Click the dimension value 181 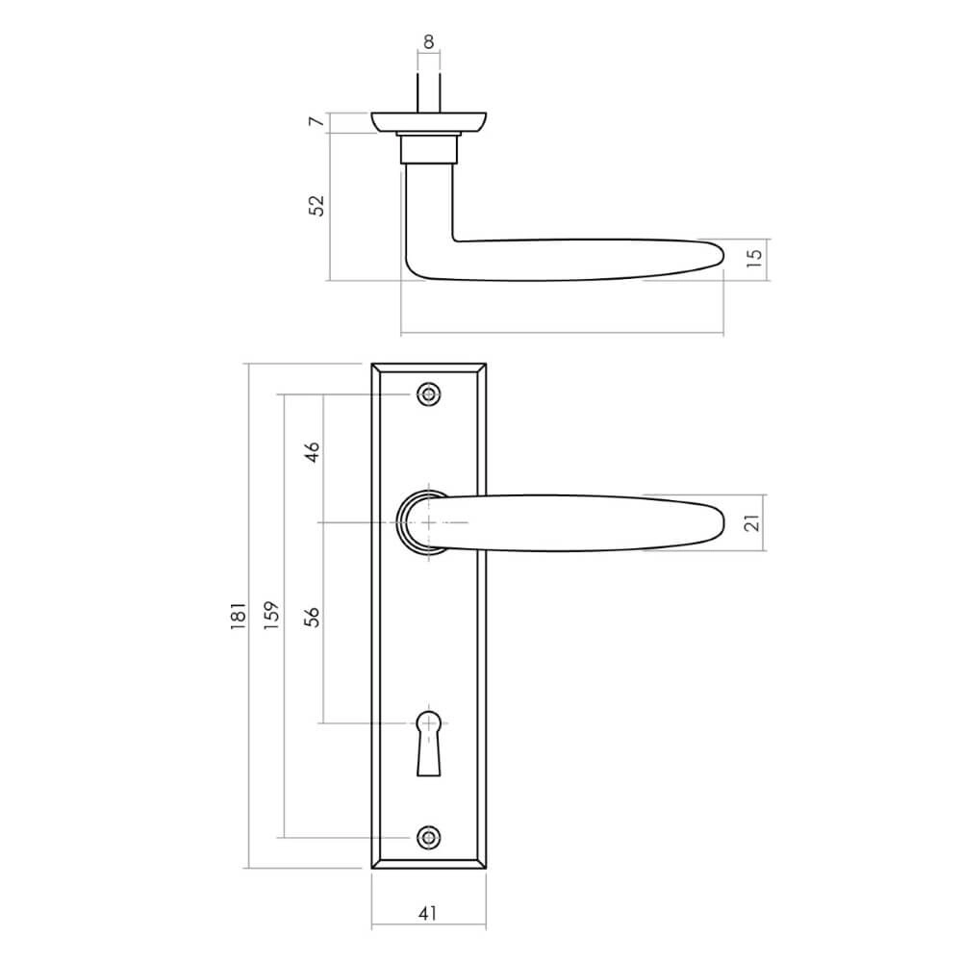click(x=238, y=617)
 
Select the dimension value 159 click(x=272, y=617)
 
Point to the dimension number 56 click(x=312, y=617)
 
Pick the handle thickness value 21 click(x=753, y=522)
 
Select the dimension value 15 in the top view click(x=755, y=257)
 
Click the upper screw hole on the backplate click(x=429, y=394)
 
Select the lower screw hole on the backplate click(x=429, y=837)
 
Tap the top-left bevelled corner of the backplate click(x=376, y=369)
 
